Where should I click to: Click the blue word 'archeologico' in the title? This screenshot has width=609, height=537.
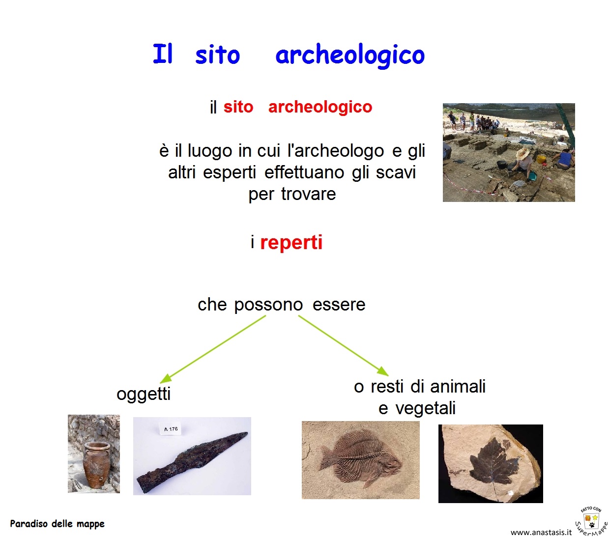tap(349, 55)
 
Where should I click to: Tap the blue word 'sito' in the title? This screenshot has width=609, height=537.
tap(217, 55)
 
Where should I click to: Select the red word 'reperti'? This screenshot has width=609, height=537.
tap(291, 243)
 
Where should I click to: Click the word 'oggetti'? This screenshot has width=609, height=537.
tap(144, 394)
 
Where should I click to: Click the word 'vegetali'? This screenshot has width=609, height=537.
tap(425, 408)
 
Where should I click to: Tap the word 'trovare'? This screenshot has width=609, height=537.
tap(309, 194)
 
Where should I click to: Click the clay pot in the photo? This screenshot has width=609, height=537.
tap(96, 464)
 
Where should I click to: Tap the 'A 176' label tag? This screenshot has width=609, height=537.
tap(171, 429)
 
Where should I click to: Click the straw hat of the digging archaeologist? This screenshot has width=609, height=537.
tap(523, 153)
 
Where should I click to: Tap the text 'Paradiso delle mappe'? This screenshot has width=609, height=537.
tap(58, 524)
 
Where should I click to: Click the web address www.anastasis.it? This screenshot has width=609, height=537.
tap(541, 532)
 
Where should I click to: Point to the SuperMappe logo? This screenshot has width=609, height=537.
tap(591, 521)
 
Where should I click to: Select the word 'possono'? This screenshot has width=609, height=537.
tap(268, 305)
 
